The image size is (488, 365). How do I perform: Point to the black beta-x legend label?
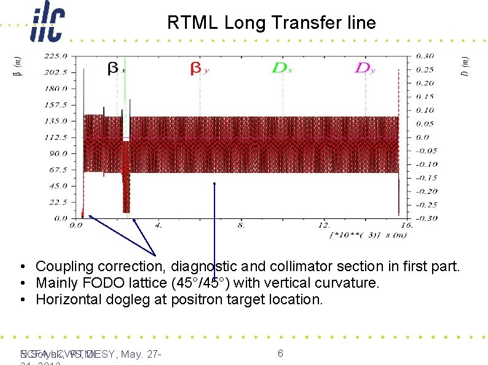(115, 69)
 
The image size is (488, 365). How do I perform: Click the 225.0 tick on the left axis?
(56, 55)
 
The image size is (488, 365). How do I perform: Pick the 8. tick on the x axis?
(240, 225)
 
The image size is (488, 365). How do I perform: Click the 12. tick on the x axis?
(323, 225)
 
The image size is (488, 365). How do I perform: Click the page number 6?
(280, 353)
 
